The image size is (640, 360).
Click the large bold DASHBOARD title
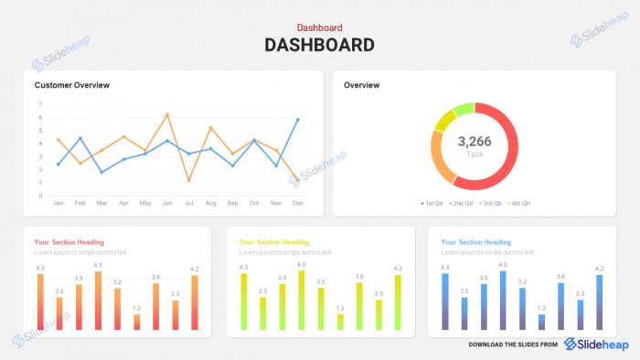319,45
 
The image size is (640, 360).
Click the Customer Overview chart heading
72,85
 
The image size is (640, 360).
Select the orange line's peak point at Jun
167,115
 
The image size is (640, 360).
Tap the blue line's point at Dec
297,120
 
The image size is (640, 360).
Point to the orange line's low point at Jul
188,180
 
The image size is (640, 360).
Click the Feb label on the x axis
80,203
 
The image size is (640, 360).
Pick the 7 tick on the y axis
41,104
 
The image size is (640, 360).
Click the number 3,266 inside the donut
475,142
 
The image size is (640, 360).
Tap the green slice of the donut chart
464,111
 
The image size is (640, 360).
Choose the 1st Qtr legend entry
434,203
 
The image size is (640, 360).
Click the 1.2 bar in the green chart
341,322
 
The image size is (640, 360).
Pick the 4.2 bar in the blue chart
600,302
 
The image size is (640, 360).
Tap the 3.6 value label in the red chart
156,276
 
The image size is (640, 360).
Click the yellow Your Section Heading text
274,242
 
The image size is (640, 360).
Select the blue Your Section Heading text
476,242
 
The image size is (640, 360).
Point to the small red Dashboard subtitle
319,28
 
